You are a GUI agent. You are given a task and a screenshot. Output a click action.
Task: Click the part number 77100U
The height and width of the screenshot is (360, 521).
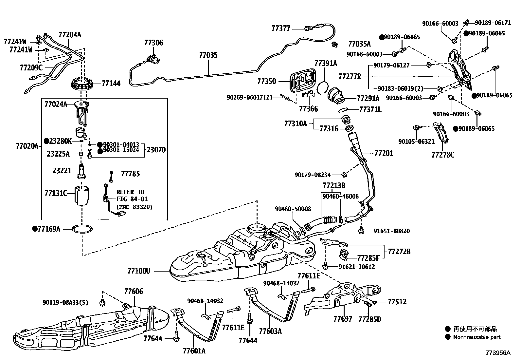tap(139, 271)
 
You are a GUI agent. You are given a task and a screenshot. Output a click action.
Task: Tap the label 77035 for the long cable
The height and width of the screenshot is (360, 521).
tap(208, 55)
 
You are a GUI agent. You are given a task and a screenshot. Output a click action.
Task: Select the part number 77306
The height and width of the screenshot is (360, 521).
tap(153, 43)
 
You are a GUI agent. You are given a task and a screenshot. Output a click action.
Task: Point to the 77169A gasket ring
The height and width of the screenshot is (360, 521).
tap(82, 229)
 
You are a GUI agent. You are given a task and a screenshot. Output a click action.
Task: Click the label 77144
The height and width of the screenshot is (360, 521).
tap(111, 84)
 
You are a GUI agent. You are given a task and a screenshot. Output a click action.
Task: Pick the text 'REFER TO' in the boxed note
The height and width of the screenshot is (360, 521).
tap(130, 192)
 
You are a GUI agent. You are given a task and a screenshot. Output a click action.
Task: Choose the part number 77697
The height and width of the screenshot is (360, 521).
tap(343, 319)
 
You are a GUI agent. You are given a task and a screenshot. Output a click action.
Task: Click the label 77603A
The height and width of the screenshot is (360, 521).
tap(270, 331)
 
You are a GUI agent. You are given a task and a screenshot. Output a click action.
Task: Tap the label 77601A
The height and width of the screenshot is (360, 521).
tap(194, 351)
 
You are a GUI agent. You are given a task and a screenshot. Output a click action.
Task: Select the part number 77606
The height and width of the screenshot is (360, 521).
tap(134, 292)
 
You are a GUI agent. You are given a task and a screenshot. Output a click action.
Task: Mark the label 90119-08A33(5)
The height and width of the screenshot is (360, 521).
tap(65, 302)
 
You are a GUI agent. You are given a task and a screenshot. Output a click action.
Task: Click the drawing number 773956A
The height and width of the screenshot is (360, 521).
tap(498, 353)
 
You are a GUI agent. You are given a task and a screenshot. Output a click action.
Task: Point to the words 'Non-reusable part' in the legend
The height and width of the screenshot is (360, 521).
tap(477, 337)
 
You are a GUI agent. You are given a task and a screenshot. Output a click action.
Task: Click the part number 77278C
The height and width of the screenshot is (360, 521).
tap(443, 155)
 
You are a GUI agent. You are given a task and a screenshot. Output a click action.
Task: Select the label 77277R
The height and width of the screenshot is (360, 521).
tap(350, 77)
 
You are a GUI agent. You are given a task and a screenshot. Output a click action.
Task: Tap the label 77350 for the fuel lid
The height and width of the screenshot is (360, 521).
tap(266, 81)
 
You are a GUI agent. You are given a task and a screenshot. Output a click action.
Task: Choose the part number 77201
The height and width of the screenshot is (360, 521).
tap(384, 153)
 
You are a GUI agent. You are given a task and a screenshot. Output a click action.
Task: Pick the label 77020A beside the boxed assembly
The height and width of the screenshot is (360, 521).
tap(27, 146)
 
